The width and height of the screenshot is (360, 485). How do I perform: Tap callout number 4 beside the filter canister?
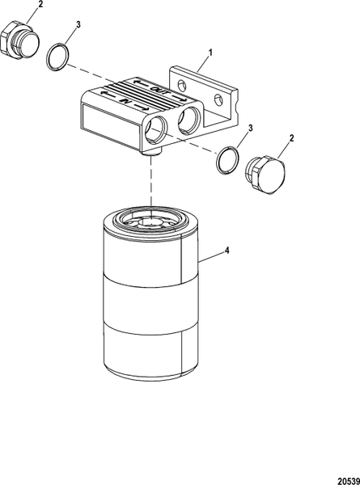pyautogui.click(x=227, y=251)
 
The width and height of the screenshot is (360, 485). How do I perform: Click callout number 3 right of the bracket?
pyautogui.click(x=251, y=129)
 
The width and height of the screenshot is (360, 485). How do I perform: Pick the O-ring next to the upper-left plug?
pyautogui.click(x=57, y=57)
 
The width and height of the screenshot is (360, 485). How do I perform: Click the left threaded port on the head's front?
pyautogui.click(x=157, y=127)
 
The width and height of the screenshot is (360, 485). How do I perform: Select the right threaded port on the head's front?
pyautogui.click(x=192, y=118)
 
